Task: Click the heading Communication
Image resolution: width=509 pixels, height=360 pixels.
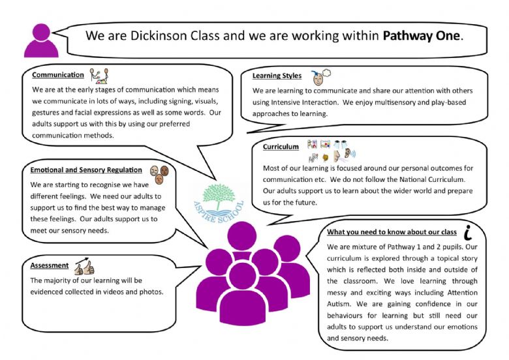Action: tap(58, 75)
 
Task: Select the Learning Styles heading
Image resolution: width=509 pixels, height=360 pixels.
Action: tap(277, 76)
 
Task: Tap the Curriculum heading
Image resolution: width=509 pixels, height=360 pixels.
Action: tap(281, 147)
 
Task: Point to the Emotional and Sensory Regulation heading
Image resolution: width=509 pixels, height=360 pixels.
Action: tap(86, 170)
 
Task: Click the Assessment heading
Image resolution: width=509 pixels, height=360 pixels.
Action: tap(50, 265)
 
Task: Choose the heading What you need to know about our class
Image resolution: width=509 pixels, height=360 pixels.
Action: tap(392, 232)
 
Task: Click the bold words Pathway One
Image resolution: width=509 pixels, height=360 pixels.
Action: tap(422, 36)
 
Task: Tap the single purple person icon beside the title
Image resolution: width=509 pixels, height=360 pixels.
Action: tap(41, 40)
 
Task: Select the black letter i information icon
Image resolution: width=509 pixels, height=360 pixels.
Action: tap(468, 232)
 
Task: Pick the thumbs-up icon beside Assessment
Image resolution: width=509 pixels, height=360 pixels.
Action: tap(84, 267)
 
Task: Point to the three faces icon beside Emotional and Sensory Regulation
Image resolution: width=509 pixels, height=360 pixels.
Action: tap(159, 175)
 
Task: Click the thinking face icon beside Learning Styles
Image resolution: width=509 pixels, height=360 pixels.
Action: tap(320, 77)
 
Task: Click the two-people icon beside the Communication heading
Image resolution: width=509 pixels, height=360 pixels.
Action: tap(99, 76)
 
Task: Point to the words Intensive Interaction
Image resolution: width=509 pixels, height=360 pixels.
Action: tap(305, 102)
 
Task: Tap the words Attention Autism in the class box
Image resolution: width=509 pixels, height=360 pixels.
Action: tap(402, 299)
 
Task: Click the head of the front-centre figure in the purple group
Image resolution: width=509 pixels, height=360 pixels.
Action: tap(243, 277)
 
